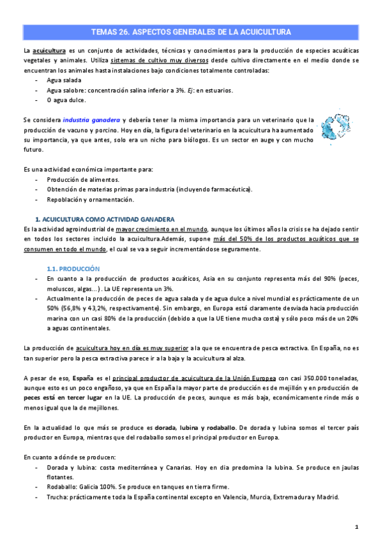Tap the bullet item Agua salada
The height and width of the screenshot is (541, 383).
[x=63, y=80]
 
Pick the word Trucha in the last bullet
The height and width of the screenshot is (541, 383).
[x=59, y=497]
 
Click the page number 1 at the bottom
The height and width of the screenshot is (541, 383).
[x=357, y=527]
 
